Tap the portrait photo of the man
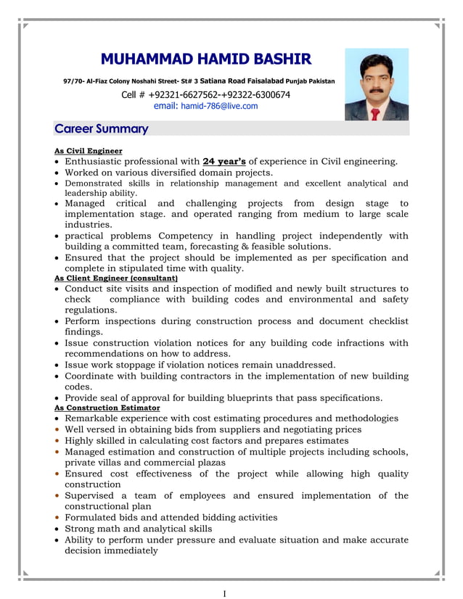(376, 84)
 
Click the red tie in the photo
(374, 113)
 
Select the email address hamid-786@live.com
(218, 106)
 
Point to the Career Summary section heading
(102, 129)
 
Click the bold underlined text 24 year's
(224, 162)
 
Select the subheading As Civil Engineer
(89, 151)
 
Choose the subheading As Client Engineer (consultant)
(116, 278)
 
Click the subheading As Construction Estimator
(107, 408)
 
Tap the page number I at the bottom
(224, 593)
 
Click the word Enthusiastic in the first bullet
(98, 162)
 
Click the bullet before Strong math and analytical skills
(57, 529)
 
